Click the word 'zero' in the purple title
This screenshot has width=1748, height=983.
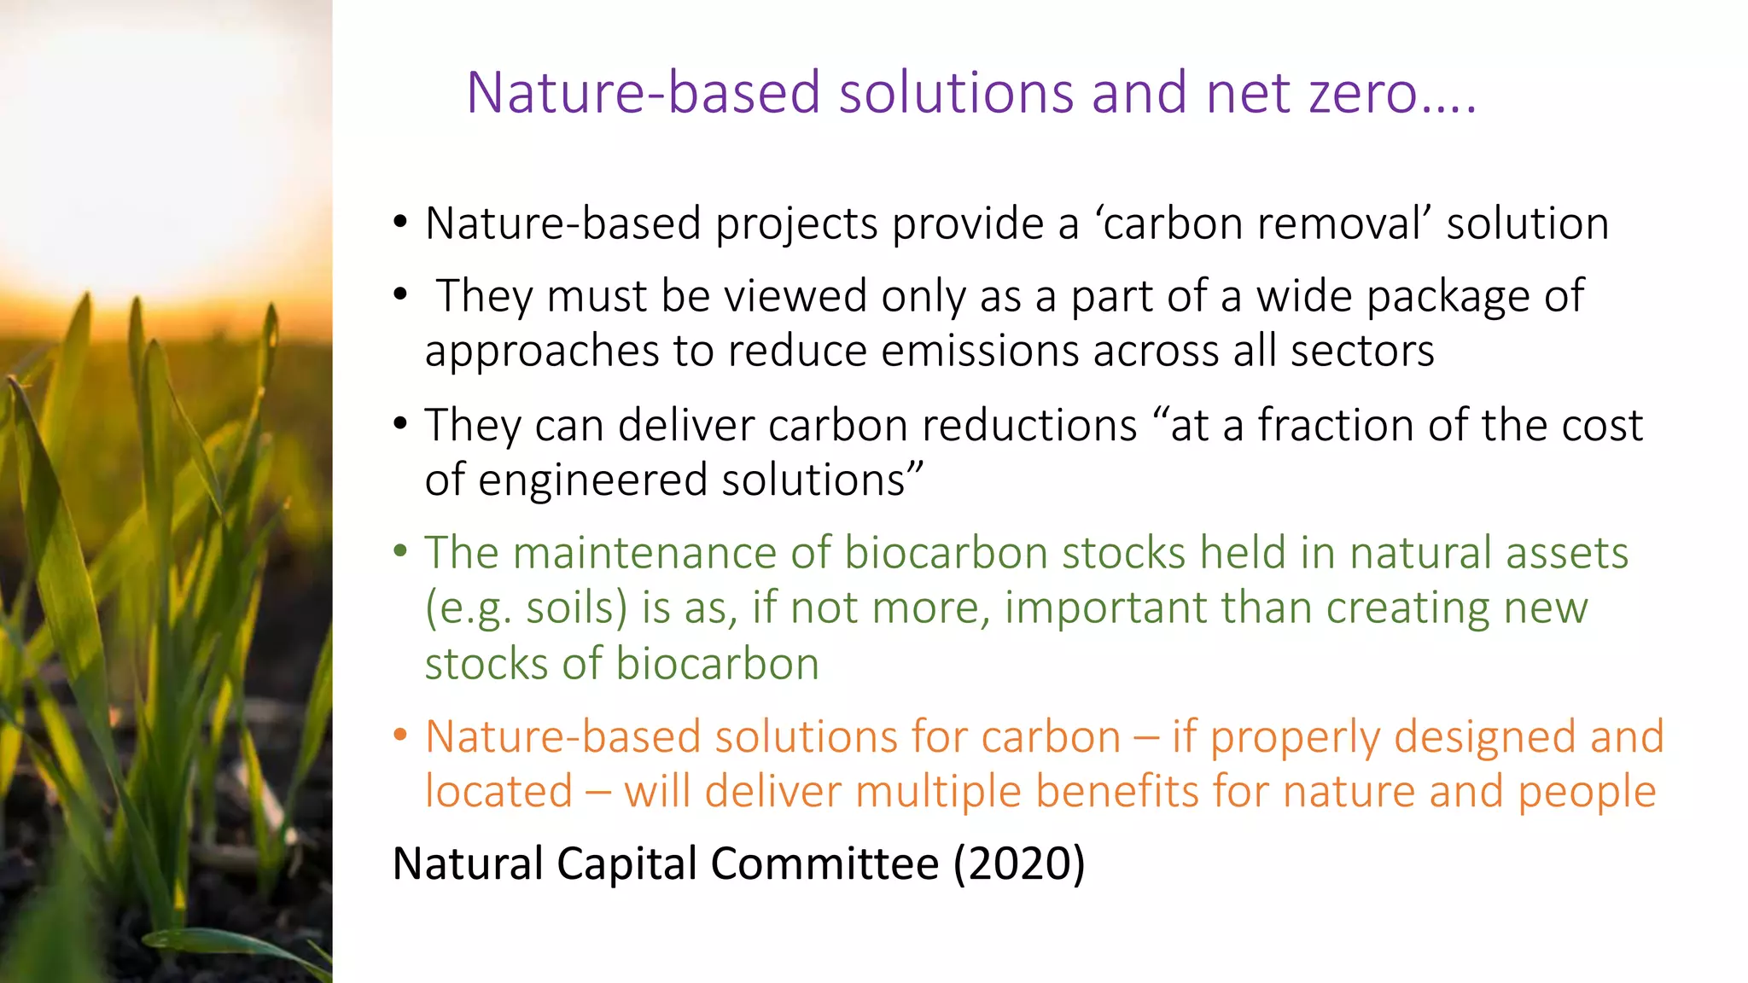point(1363,93)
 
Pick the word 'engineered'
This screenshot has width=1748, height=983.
point(592,480)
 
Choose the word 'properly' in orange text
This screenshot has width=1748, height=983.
point(1294,738)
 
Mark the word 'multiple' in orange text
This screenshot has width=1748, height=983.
point(937,793)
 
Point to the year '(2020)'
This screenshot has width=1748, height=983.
point(1019,864)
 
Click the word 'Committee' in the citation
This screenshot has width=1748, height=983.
point(824,864)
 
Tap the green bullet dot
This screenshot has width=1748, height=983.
point(400,551)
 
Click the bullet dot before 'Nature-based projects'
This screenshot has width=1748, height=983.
point(400,223)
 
